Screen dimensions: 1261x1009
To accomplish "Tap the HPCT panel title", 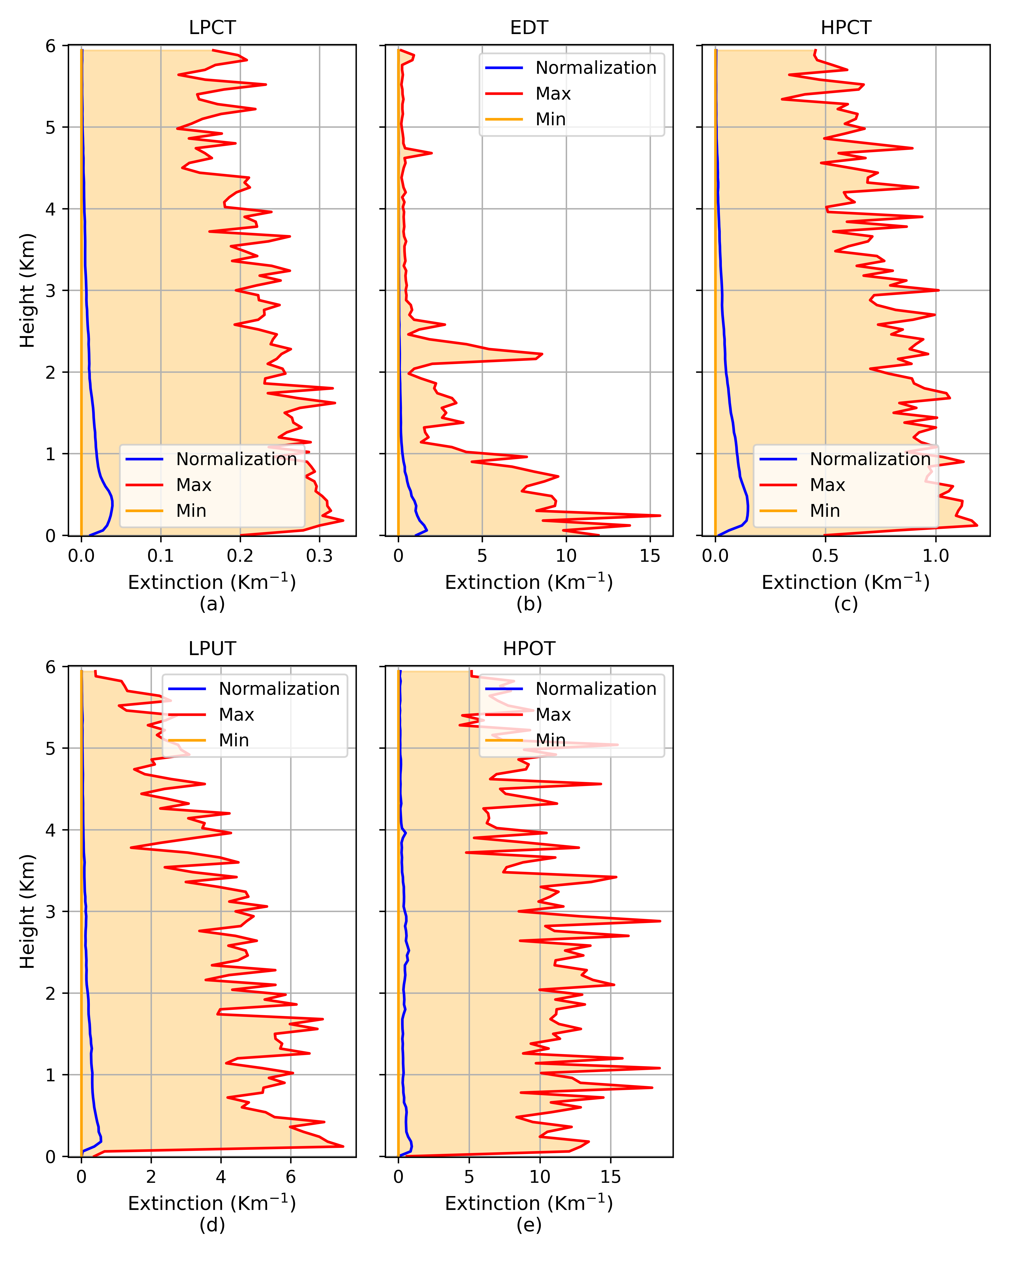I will [x=846, y=28].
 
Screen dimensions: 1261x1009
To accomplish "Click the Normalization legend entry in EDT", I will [x=596, y=68].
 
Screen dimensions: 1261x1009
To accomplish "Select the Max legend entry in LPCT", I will [x=193, y=485].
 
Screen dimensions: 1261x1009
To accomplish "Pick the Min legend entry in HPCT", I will [x=825, y=510].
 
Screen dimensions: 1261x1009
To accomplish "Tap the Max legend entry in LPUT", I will [x=236, y=715].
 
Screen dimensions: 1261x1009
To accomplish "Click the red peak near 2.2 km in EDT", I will [x=542, y=354].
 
